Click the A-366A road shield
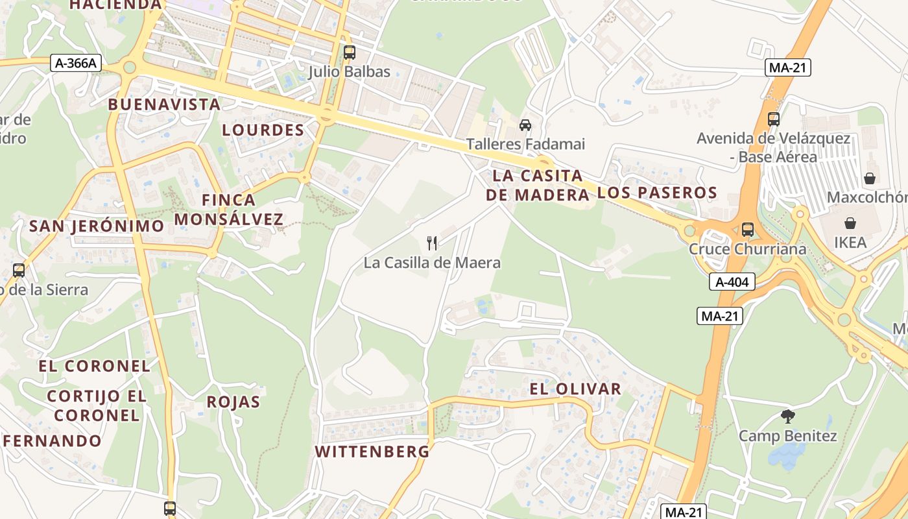click(76, 63)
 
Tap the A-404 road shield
click(732, 282)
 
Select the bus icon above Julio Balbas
click(349, 53)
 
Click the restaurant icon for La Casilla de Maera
click(432, 243)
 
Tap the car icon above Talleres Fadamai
click(525, 125)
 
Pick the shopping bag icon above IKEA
click(850, 224)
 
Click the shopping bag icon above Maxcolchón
click(870, 178)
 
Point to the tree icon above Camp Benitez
click(788, 416)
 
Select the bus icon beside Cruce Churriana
click(748, 229)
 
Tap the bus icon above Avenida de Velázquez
click(773, 119)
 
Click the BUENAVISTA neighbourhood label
click(164, 104)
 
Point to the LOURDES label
click(263, 130)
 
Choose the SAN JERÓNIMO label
click(97, 226)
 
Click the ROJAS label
click(233, 402)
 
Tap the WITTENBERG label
click(372, 452)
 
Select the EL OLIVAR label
click(576, 389)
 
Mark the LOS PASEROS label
click(657, 192)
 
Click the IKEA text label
click(850, 243)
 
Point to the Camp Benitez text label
click(788, 435)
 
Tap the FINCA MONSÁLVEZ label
click(229, 209)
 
